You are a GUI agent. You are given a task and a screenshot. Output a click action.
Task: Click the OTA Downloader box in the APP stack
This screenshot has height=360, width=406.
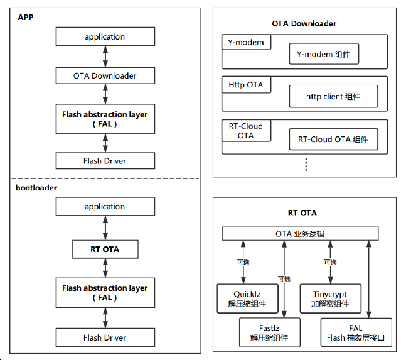point(105,76)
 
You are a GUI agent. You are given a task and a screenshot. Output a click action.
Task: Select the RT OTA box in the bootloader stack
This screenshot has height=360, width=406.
point(105,249)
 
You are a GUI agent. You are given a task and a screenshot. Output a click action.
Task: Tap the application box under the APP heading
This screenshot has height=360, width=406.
point(105,37)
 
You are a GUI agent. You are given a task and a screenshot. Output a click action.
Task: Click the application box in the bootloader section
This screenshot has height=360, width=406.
point(105,207)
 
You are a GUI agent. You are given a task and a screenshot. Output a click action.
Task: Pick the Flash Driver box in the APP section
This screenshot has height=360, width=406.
point(105,161)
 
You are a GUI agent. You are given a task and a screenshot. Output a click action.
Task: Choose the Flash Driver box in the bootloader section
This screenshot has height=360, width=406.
point(105,337)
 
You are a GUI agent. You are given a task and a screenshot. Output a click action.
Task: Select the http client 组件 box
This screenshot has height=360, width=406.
point(333,97)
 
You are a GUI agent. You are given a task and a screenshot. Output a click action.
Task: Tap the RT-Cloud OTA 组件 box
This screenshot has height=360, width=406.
point(333,139)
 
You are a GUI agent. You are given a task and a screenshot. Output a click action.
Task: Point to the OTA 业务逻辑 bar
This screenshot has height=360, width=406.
point(301,234)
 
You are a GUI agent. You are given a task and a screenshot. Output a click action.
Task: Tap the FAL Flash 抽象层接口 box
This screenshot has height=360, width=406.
point(356,333)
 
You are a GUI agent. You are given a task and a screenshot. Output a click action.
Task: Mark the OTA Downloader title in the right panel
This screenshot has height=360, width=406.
point(304,23)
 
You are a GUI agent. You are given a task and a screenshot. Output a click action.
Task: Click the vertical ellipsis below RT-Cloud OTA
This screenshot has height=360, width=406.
point(306,165)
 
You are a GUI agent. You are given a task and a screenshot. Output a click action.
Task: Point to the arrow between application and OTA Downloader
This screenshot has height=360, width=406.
point(105,57)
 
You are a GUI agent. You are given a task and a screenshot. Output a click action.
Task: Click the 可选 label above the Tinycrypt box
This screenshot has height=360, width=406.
point(329,261)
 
